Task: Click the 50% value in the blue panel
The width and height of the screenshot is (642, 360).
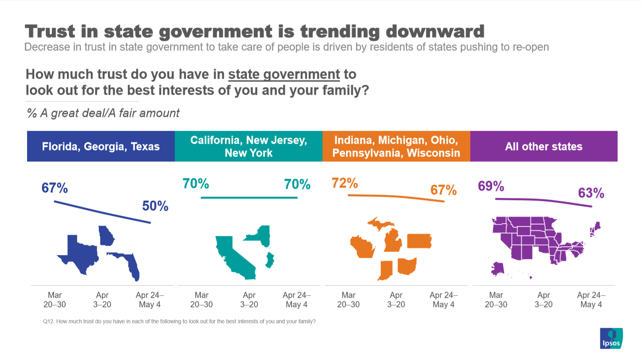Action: tap(155, 206)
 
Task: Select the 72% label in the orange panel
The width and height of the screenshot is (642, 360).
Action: tap(344, 183)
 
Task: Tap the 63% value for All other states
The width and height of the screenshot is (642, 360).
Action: tap(591, 193)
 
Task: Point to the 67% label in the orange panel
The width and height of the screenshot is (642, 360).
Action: tap(443, 190)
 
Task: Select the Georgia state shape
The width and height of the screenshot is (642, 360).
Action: tap(106, 236)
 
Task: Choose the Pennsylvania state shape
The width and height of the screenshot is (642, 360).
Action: tap(419, 241)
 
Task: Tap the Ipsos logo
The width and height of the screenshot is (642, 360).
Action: tap(611, 338)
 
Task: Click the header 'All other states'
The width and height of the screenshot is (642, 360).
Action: tap(544, 147)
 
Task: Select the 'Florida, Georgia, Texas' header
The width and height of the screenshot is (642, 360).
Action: tap(101, 147)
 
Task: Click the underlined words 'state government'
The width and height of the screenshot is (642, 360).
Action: tap(284, 74)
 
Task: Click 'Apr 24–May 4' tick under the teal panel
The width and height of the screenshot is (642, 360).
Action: tap(296, 300)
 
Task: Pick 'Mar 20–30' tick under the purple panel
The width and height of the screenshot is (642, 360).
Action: tap(496, 300)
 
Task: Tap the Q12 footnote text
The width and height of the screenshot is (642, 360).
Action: tap(179, 321)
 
